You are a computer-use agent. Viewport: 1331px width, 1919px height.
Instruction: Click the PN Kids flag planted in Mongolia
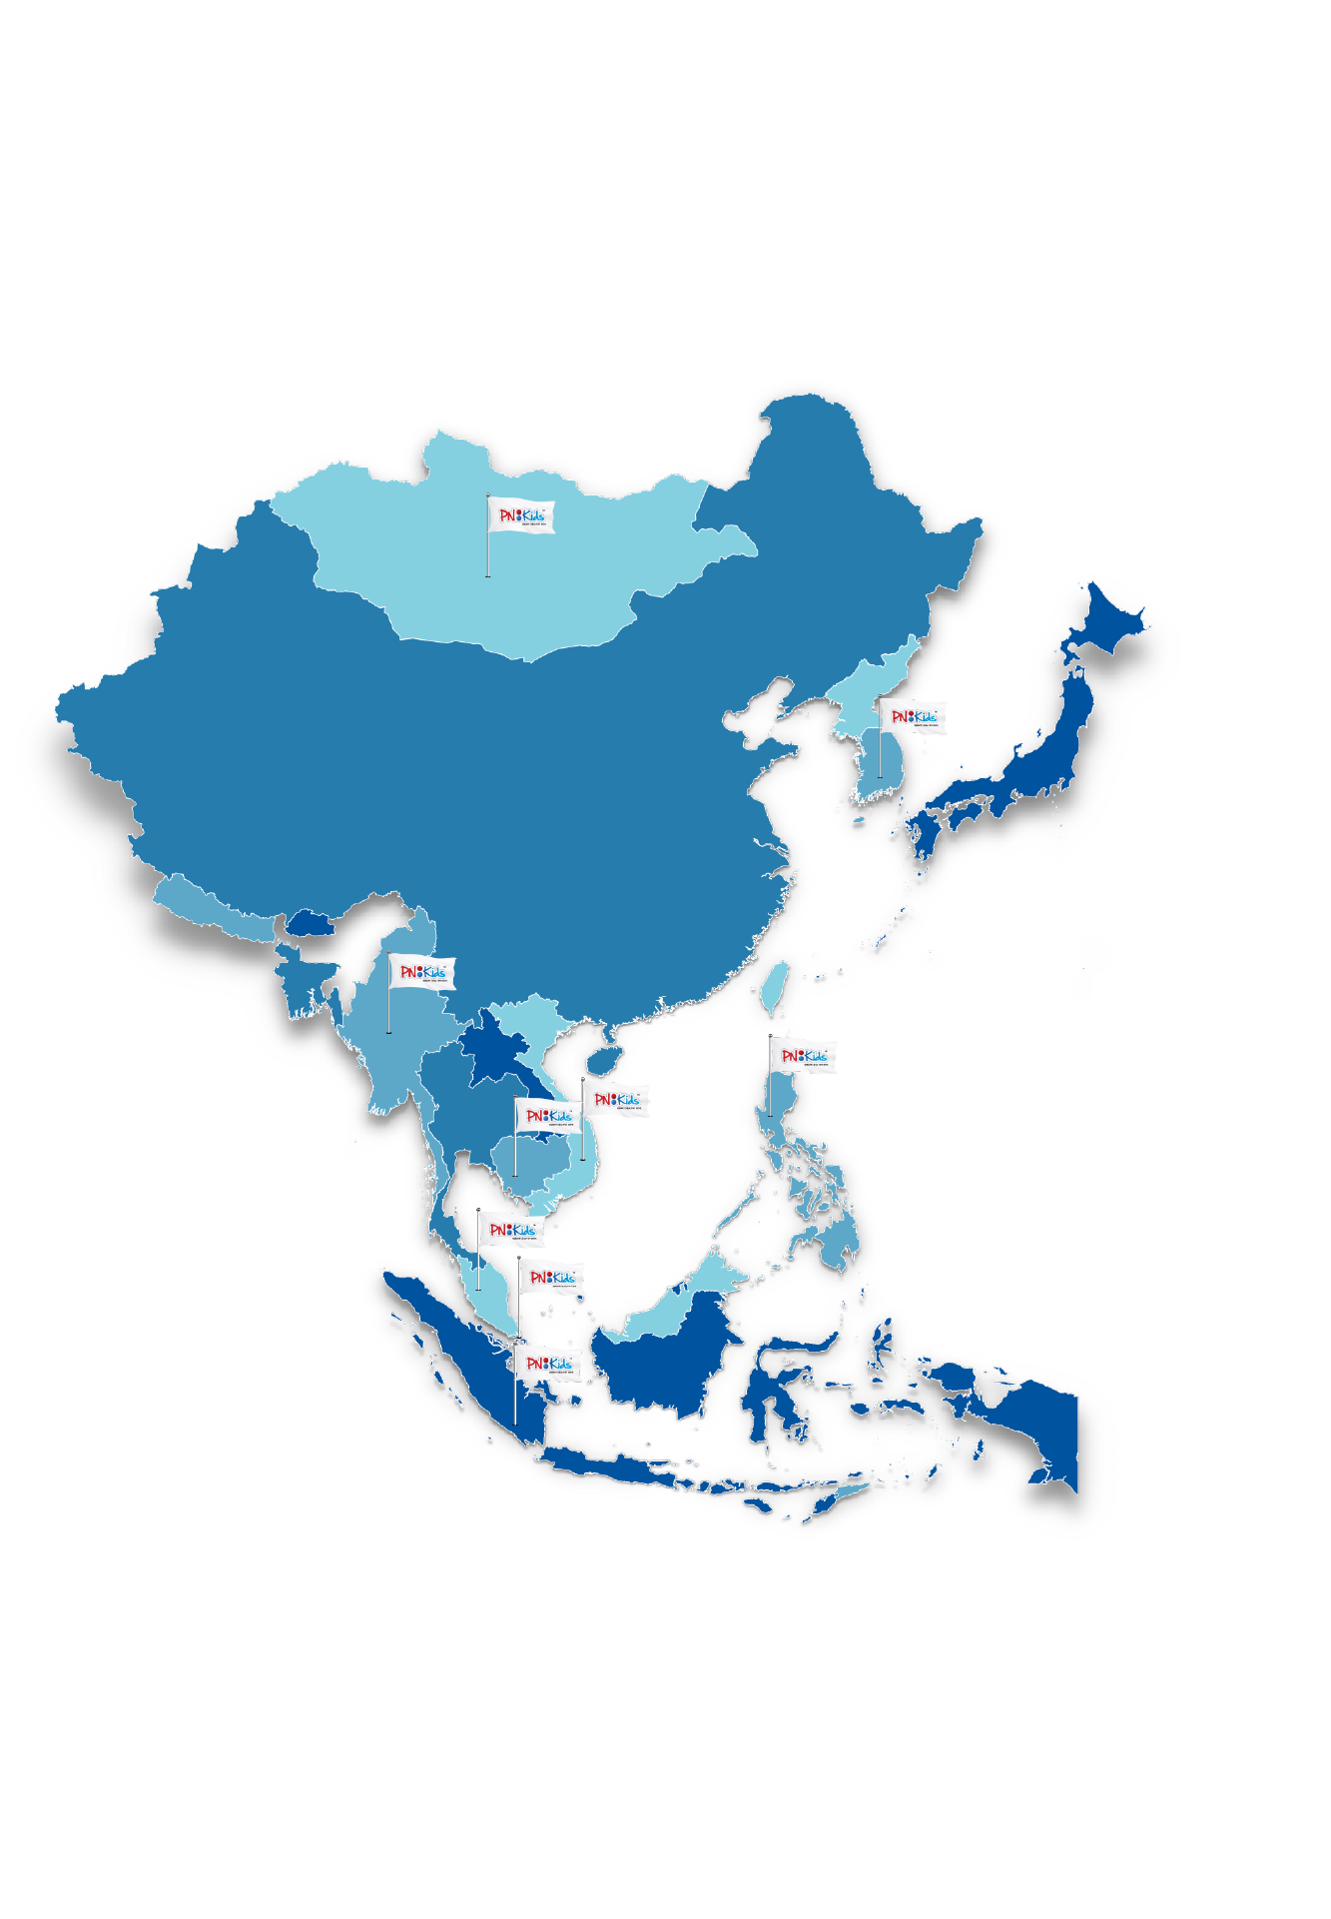(521, 516)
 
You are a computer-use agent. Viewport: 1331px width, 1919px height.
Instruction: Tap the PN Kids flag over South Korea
(913, 717)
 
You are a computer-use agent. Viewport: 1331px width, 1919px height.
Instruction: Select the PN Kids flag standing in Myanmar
(422, 972)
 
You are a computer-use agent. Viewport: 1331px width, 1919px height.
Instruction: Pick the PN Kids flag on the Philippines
(803, 1057)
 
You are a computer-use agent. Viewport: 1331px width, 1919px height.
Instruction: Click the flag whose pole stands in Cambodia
(548, 1116)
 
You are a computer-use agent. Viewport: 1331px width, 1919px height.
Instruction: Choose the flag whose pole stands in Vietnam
(616, 1100)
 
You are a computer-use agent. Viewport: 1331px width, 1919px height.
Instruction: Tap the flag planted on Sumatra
(548, 1364)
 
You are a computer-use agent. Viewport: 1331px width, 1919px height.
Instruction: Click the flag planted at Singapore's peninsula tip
(552, 1279)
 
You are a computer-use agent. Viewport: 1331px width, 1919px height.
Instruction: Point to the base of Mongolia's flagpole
(487, 575)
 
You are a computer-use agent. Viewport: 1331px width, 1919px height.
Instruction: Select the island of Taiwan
(774, 983)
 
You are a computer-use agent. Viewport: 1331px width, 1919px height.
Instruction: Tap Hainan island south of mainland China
(606, 1058)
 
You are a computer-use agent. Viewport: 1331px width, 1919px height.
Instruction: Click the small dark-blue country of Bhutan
(312, 921)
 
